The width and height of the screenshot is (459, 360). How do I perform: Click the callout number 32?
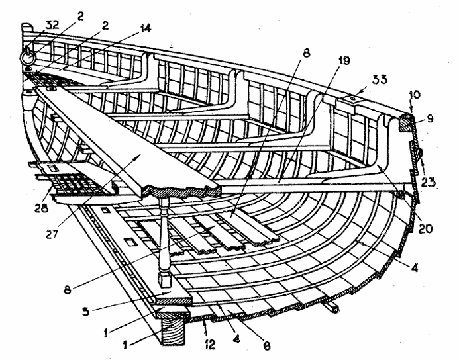coord(52,25)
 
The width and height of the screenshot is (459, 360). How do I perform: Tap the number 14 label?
coord(146,28)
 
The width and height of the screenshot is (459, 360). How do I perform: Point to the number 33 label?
coord(380,79)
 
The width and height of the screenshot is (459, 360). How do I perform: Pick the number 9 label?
coord(429,118)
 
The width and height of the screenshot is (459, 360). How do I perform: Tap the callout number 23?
coord(429,182)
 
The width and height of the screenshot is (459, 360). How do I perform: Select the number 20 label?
coord(425,228)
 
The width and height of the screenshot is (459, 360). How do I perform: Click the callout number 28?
coord(41,208)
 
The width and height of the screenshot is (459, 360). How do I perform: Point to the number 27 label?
coord(52,234)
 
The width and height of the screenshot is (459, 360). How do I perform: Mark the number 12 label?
coord(209,345)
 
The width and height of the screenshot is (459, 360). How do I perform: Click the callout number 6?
coord(266,345)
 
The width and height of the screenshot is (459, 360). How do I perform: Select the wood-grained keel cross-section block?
coord(174,331)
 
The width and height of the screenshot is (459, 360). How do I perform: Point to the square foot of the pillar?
coord(165,279)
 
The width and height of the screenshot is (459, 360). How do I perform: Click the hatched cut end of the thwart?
coord(181,191)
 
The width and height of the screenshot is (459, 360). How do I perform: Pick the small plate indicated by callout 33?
coord(353,99)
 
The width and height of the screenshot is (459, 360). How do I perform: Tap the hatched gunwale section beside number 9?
coord(406,122)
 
